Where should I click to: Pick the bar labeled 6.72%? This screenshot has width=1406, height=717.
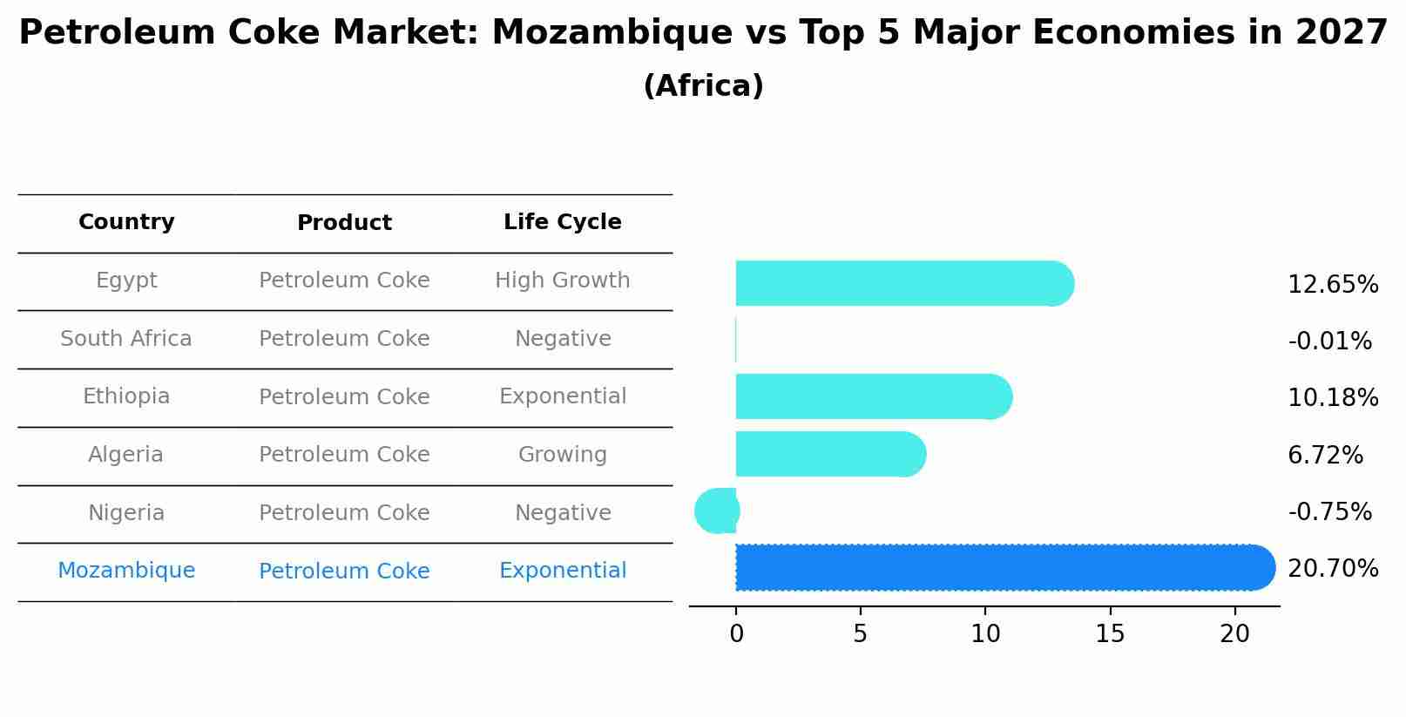828,454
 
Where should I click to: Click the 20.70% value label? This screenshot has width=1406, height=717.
1332,569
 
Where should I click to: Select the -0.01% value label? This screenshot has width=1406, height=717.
1329,341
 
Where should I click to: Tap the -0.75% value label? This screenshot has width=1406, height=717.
1329,511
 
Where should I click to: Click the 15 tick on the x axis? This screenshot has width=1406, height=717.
1110,634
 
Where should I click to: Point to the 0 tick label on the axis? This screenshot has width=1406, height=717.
736,634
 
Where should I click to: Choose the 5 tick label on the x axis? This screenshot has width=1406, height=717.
861,634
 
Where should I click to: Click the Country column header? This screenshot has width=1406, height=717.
126,222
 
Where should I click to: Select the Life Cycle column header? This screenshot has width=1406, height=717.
562,222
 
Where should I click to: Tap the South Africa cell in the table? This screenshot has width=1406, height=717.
125,339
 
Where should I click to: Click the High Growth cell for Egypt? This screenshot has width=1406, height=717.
562,281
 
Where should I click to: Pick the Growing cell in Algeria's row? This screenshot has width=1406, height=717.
562,455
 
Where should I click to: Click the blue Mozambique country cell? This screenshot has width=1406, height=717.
126,571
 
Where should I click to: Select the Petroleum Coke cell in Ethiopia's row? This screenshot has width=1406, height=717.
344,397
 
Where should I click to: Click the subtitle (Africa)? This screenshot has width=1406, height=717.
703,86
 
